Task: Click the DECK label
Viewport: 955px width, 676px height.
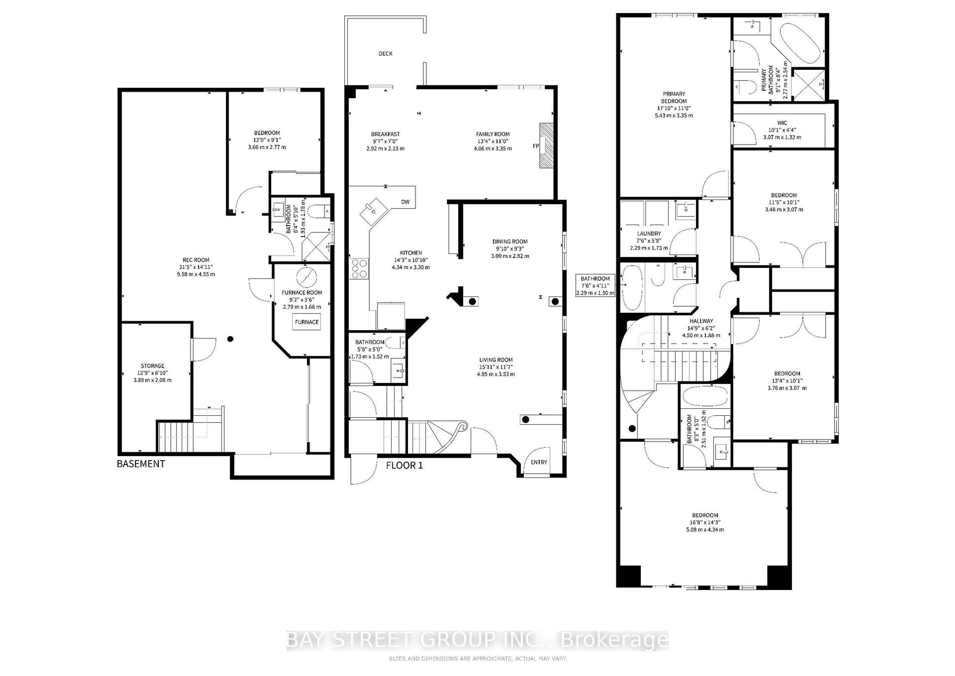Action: pos(385,54)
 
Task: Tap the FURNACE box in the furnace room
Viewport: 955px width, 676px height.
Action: pos(307,322)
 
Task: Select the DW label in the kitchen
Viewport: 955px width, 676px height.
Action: pos(405,202)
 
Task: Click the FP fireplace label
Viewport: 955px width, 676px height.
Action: pos(536,146)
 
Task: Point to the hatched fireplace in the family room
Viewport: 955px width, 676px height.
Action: pos(547,145)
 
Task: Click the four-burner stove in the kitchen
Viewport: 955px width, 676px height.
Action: pos(359,269)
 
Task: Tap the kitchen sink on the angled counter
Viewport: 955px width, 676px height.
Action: pos(373,212)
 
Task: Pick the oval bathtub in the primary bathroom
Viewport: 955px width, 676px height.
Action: pos(800,43)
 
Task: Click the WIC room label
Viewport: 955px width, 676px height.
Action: pos(782,123)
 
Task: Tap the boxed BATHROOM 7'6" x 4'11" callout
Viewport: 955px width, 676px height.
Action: pos(595,285)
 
